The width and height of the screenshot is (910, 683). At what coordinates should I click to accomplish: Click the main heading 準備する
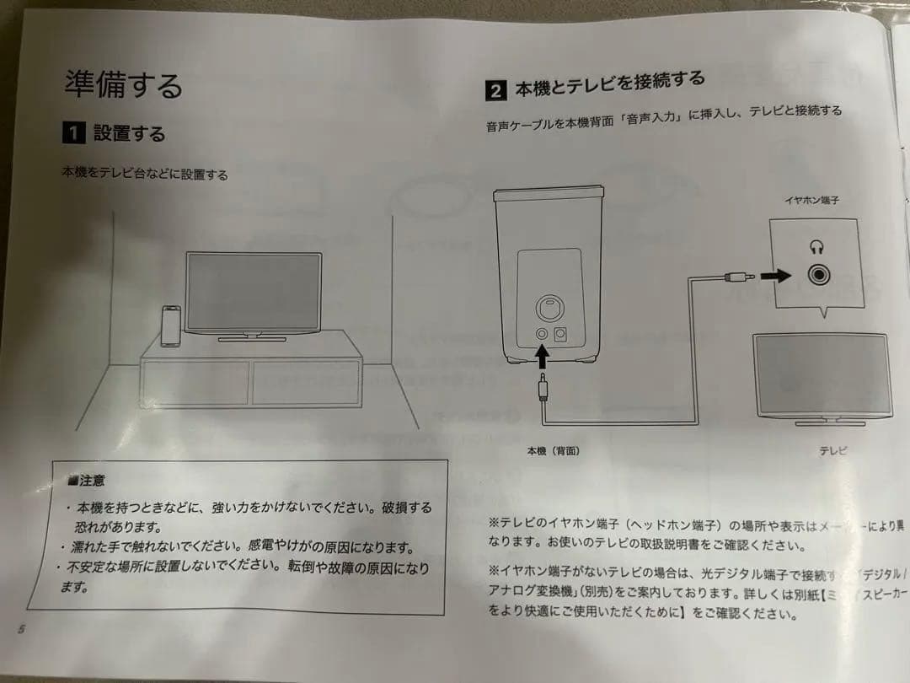coord(123,84)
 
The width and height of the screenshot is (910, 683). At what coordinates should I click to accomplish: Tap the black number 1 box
coord(73,132)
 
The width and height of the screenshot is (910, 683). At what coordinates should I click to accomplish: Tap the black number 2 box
coord(496,90)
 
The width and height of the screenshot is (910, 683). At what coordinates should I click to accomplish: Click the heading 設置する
coord(129,133)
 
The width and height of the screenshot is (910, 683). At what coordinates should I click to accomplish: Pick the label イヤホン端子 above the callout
coord(811,201)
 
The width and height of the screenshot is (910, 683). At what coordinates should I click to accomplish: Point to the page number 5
coord(21,629)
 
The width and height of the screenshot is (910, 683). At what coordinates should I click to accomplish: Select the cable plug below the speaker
coord(543,390)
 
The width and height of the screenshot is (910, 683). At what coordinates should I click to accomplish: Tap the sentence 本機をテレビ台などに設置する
coord(144,175)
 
